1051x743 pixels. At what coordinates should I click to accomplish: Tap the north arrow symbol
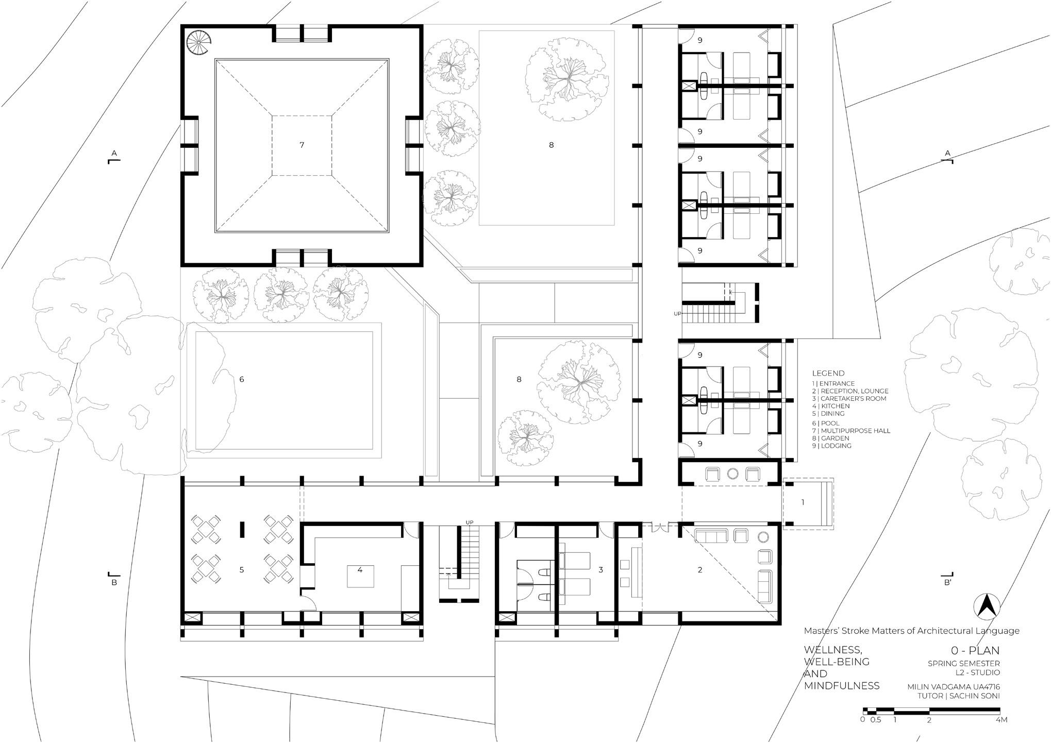987,606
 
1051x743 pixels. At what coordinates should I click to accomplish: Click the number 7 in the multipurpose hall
302,145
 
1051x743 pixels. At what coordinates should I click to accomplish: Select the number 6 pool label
242,380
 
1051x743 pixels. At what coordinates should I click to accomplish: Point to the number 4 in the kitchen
360,570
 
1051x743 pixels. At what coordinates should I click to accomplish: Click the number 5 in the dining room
242,570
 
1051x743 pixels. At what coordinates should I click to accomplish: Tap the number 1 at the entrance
803,502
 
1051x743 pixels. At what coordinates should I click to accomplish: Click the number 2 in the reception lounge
700,570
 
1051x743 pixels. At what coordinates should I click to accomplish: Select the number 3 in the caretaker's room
601,570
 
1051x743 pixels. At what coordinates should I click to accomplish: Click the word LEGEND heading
828,373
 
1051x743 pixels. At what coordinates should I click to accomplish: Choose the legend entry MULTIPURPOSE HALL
851,431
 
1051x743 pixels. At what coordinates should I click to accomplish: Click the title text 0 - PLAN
975,651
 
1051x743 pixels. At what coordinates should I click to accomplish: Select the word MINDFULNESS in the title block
842,686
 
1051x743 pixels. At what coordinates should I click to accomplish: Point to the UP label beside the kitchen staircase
469,522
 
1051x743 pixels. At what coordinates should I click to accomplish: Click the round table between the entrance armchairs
733,474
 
